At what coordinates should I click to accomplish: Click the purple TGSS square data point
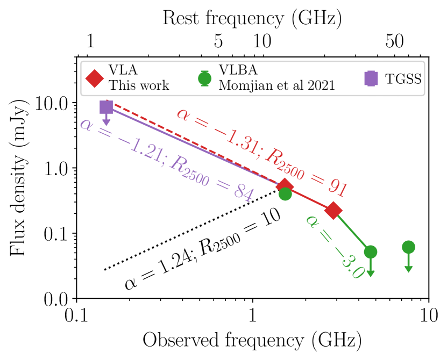tap(107, 107)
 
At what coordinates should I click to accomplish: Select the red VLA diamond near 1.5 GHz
tap(285, 186)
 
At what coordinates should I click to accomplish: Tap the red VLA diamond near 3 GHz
tap(334, 211)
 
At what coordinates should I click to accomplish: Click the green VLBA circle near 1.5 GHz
tap(285, 194)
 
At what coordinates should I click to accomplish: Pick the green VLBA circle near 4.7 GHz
tap(370, 251)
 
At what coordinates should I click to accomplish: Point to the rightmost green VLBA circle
tap(408, 247)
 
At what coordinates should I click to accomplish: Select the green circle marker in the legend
tap(204, 78)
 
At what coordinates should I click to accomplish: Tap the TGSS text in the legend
tap(403, 78)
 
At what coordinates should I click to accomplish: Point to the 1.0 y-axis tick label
tap(58, 168)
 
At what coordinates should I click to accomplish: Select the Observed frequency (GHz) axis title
tap(252, 340)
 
